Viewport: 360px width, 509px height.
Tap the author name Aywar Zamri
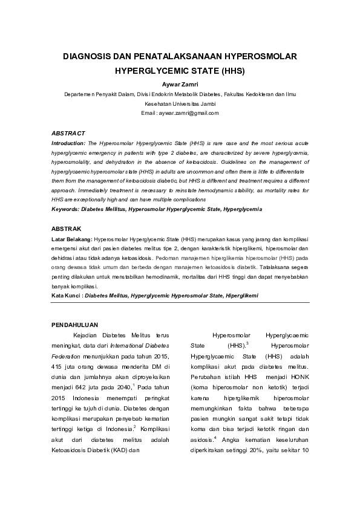tap(180, 84)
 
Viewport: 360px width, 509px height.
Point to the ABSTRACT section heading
tap(68, 133)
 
